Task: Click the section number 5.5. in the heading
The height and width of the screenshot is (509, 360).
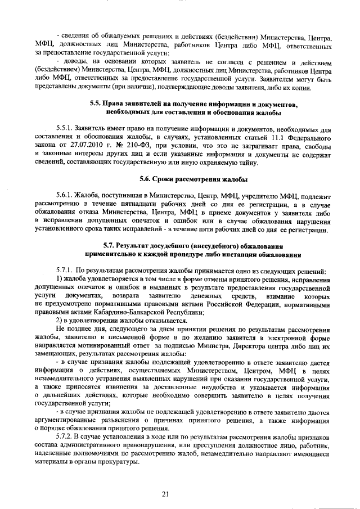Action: (97, 104)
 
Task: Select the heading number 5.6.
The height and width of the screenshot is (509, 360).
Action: (147, 179)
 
